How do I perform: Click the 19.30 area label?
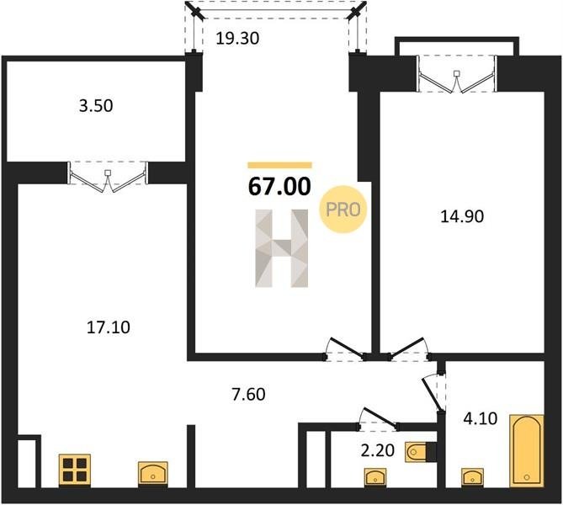click(237, 38)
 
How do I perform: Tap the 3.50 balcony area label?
click(96, 105)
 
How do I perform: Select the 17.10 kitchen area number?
click(109, 327)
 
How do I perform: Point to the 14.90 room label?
click(462, 216)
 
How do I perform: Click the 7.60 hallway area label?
click(249, 394)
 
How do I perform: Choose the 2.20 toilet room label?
click(378, 450)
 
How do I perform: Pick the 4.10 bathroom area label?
click(481, 418)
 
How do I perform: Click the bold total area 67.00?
click(279, 187)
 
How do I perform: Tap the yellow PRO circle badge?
click(343, 209)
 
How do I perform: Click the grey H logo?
click(282, 248)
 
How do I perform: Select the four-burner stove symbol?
click(75, 470)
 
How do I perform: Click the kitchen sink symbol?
click(153, 474)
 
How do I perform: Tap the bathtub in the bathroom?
click(526, 451)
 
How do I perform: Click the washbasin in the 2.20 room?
click(375, 477)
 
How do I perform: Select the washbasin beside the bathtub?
click(472, 477)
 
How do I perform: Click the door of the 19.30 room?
click(346, 348)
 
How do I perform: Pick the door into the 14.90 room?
click(409, 348)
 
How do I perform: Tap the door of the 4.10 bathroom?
click(433, 394)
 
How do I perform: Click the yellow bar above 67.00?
click(279, 165)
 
